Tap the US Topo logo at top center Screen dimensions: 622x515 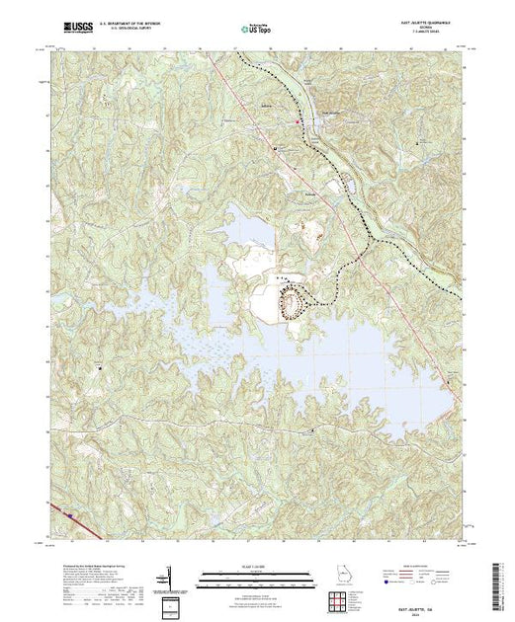[256, 31]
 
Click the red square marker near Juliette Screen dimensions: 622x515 [300, 120]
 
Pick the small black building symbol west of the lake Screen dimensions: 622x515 [100, 368]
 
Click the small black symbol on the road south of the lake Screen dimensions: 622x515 [314, 430]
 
